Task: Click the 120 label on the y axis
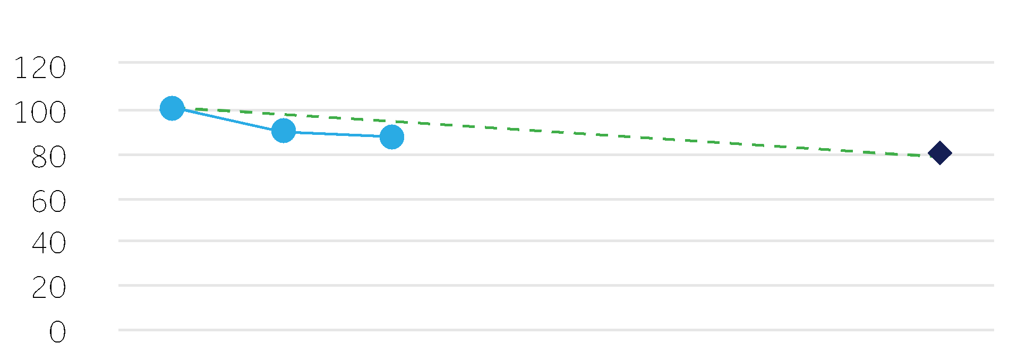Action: pyautogui.click(x=40, y=68)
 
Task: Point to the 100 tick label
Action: pyautogui.click(x=40, y=113)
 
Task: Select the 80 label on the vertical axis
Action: pyautogui.click(x=49, y=158)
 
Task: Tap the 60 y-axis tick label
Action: pyautogui.click(x=49, y=202)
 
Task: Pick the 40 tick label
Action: pyautogui.click(x=49, y=244)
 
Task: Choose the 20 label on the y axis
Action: pyautogui.click(x=49, y=288)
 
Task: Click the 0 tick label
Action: pyautogui.click(x=57, y=333)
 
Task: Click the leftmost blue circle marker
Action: pyautogui.click(x=172, y=108)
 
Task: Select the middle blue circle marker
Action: pyautogui.click(x=284, y=131)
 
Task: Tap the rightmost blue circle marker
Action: pyautogui.click(x=392, y=137)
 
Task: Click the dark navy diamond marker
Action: pyautogui.click(x=939, y=153)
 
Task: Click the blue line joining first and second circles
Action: pyautogui.click(x=228, y=119)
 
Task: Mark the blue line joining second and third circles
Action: pyautogui.click(x=338, y=134)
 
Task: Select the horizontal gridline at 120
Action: pyautogui.click(x=556, y=62)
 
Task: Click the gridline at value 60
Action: pyautogui.click(x=556, y=199)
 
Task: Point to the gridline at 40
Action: pyautogui.click(x=556, y=241)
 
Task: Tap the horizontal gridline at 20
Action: pyautogui.click(x=556, y=285)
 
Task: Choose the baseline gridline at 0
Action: pyautogui.click(x=556, y=330)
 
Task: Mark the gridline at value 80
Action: pyautogui.click(x=556, y=155)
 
